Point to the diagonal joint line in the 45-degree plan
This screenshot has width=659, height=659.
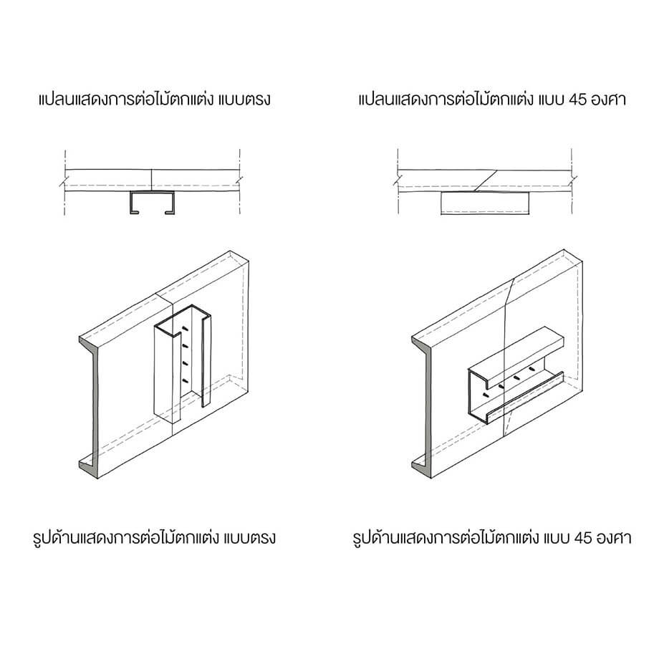pos(486,181)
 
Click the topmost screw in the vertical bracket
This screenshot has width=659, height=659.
pos(185,328)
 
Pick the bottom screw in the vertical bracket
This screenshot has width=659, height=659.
pos(185,381)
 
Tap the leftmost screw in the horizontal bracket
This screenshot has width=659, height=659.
pos(486,395)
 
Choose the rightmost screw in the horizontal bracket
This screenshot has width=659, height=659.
pos(532,369)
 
